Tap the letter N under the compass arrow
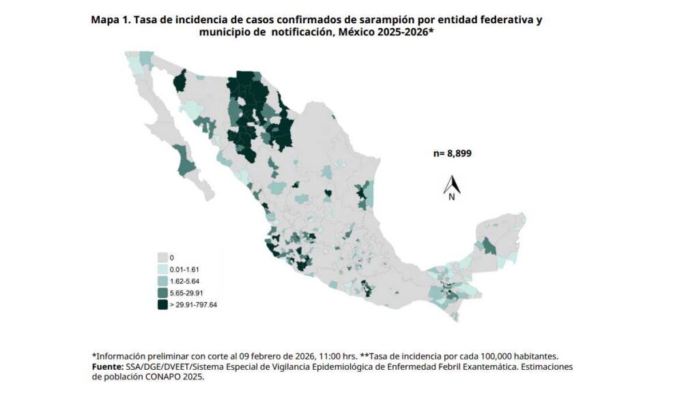tap(452, 197)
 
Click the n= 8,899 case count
tap(452, 154)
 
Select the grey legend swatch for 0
tap(163, 257)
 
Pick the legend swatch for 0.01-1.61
tap(163, 269)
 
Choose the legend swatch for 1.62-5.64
tap(163, 280)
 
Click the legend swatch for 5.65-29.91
tap(163, 292)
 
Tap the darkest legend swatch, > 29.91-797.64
tap(163, 304)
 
